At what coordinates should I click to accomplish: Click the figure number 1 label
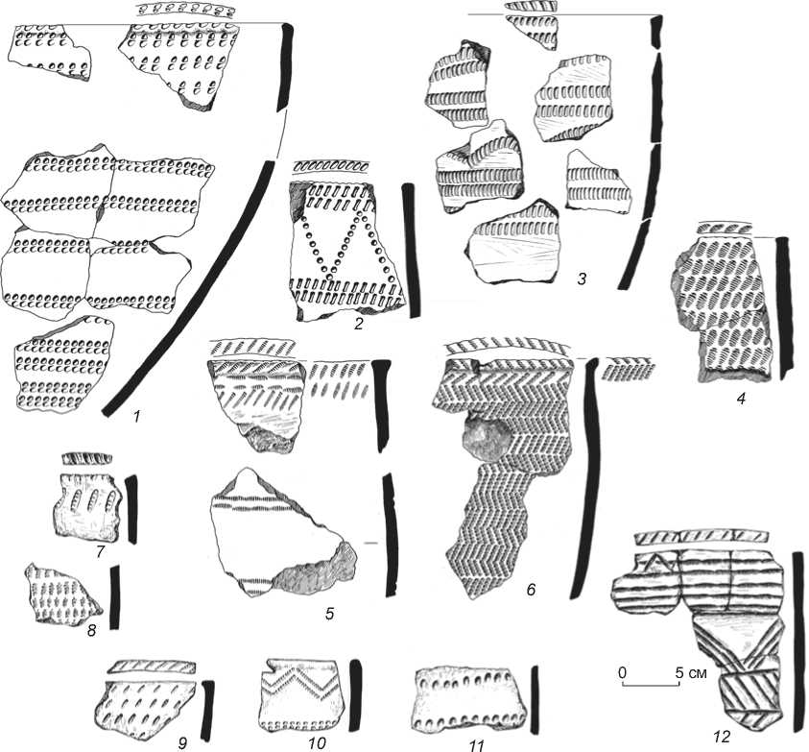tap(137, 417)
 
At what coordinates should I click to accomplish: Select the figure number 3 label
tap(582, 279)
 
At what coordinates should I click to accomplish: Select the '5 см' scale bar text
tap(691, 672)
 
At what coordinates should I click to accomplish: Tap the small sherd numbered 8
tap(63, 595)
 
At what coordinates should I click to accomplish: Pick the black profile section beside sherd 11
tap(535, 693)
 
